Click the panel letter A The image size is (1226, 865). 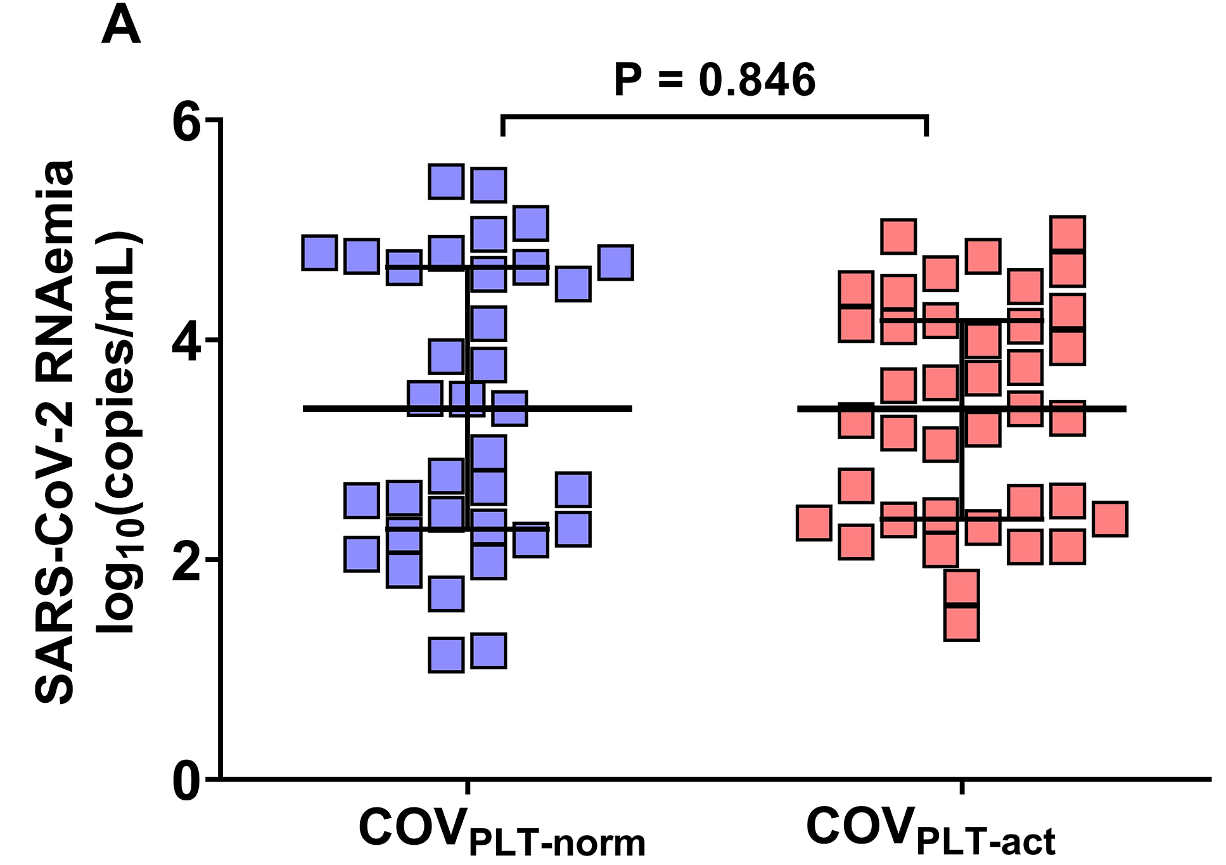coord(120,27)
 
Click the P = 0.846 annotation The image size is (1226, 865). coord(715,80)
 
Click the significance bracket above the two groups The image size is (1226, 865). coord(715,117)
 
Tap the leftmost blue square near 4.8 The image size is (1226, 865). coord(319,252)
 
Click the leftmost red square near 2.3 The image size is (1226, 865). coord(814,523)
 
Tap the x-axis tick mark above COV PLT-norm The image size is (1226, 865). coord(468,786)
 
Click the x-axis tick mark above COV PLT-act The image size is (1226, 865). coord(962,786)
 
